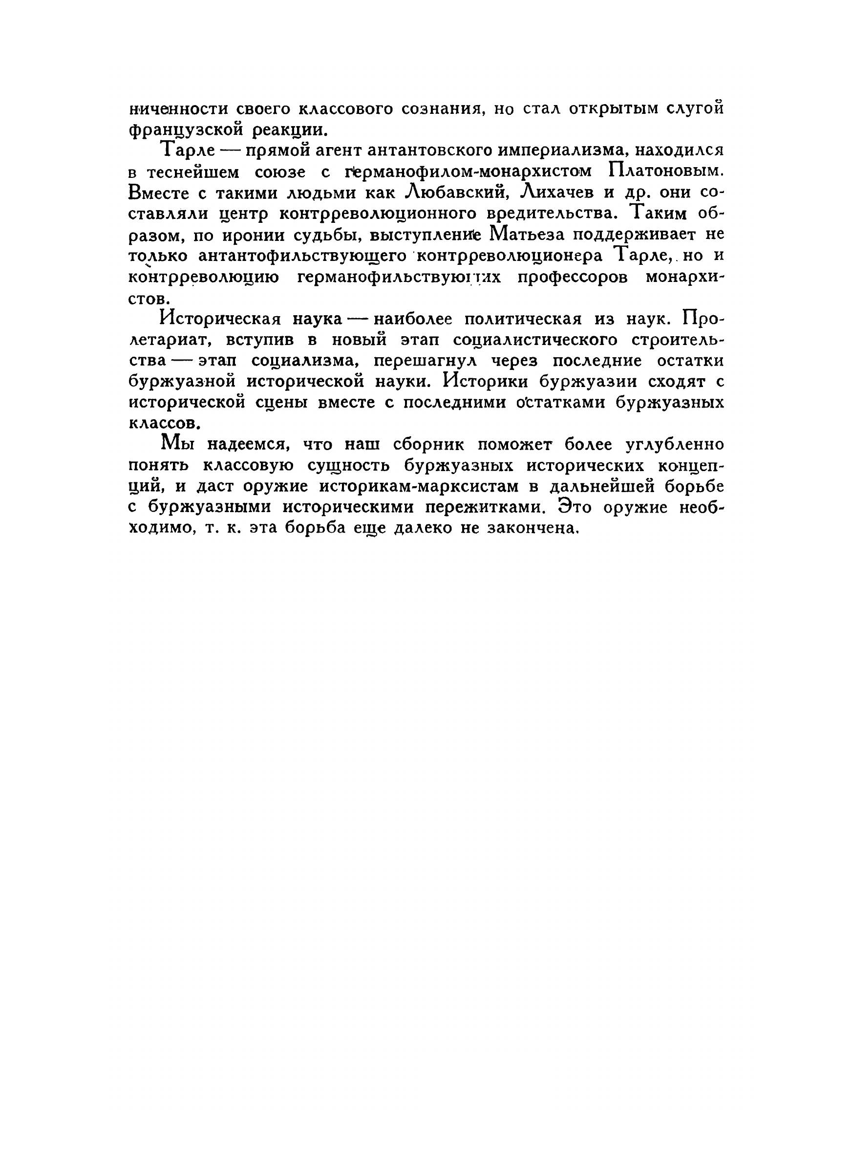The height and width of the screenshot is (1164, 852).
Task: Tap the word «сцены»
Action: [281, 403]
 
